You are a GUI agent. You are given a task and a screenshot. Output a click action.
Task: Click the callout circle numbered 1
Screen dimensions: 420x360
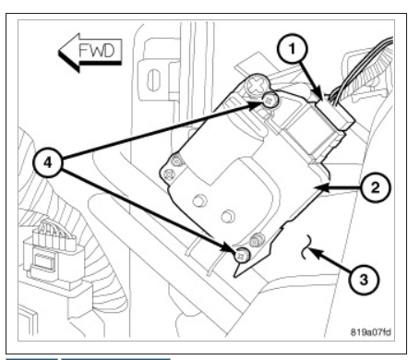pyautogui.click(x=292, y=49)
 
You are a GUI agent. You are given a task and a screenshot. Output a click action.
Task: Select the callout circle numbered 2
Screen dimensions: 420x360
pyautogui.click(x=375, y=187)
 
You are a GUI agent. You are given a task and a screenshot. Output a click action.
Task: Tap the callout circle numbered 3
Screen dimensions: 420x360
pyautogui.click(x=364, y=280)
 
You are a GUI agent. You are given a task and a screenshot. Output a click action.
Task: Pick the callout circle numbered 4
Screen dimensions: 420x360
pyautogui.click(x=48, y=162)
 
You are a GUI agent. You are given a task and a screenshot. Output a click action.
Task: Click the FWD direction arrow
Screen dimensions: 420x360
pyautogui.click(x=90, y=53)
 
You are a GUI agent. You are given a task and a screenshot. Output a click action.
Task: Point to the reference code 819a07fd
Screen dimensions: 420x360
pyautogui.click(x=371, y=332)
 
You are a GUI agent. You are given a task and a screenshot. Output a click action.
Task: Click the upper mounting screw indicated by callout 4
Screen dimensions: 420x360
pyautogui.click(x=270, y=100)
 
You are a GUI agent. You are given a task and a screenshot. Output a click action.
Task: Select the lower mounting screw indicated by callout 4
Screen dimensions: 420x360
pyautogui.click(x=243, y=255)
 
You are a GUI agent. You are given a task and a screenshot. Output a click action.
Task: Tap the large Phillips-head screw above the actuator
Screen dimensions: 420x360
pyautogui.click(x=257, y=83)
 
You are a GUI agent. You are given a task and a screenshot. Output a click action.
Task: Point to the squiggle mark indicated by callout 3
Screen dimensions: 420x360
pyautogui.click(x=306, y=246)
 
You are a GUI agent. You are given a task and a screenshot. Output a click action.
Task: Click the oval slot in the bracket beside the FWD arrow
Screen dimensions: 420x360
pyautogui.click(x=153, y=79)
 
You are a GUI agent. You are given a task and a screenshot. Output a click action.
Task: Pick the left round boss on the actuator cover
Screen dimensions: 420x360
pyautogui.click(x=199, y=201)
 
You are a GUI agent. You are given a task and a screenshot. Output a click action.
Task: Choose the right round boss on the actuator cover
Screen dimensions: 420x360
pyautogui.click(x=228, y=216)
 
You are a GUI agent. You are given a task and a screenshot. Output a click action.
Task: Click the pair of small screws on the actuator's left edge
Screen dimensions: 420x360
pyautogui.click(x=174, y=168)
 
